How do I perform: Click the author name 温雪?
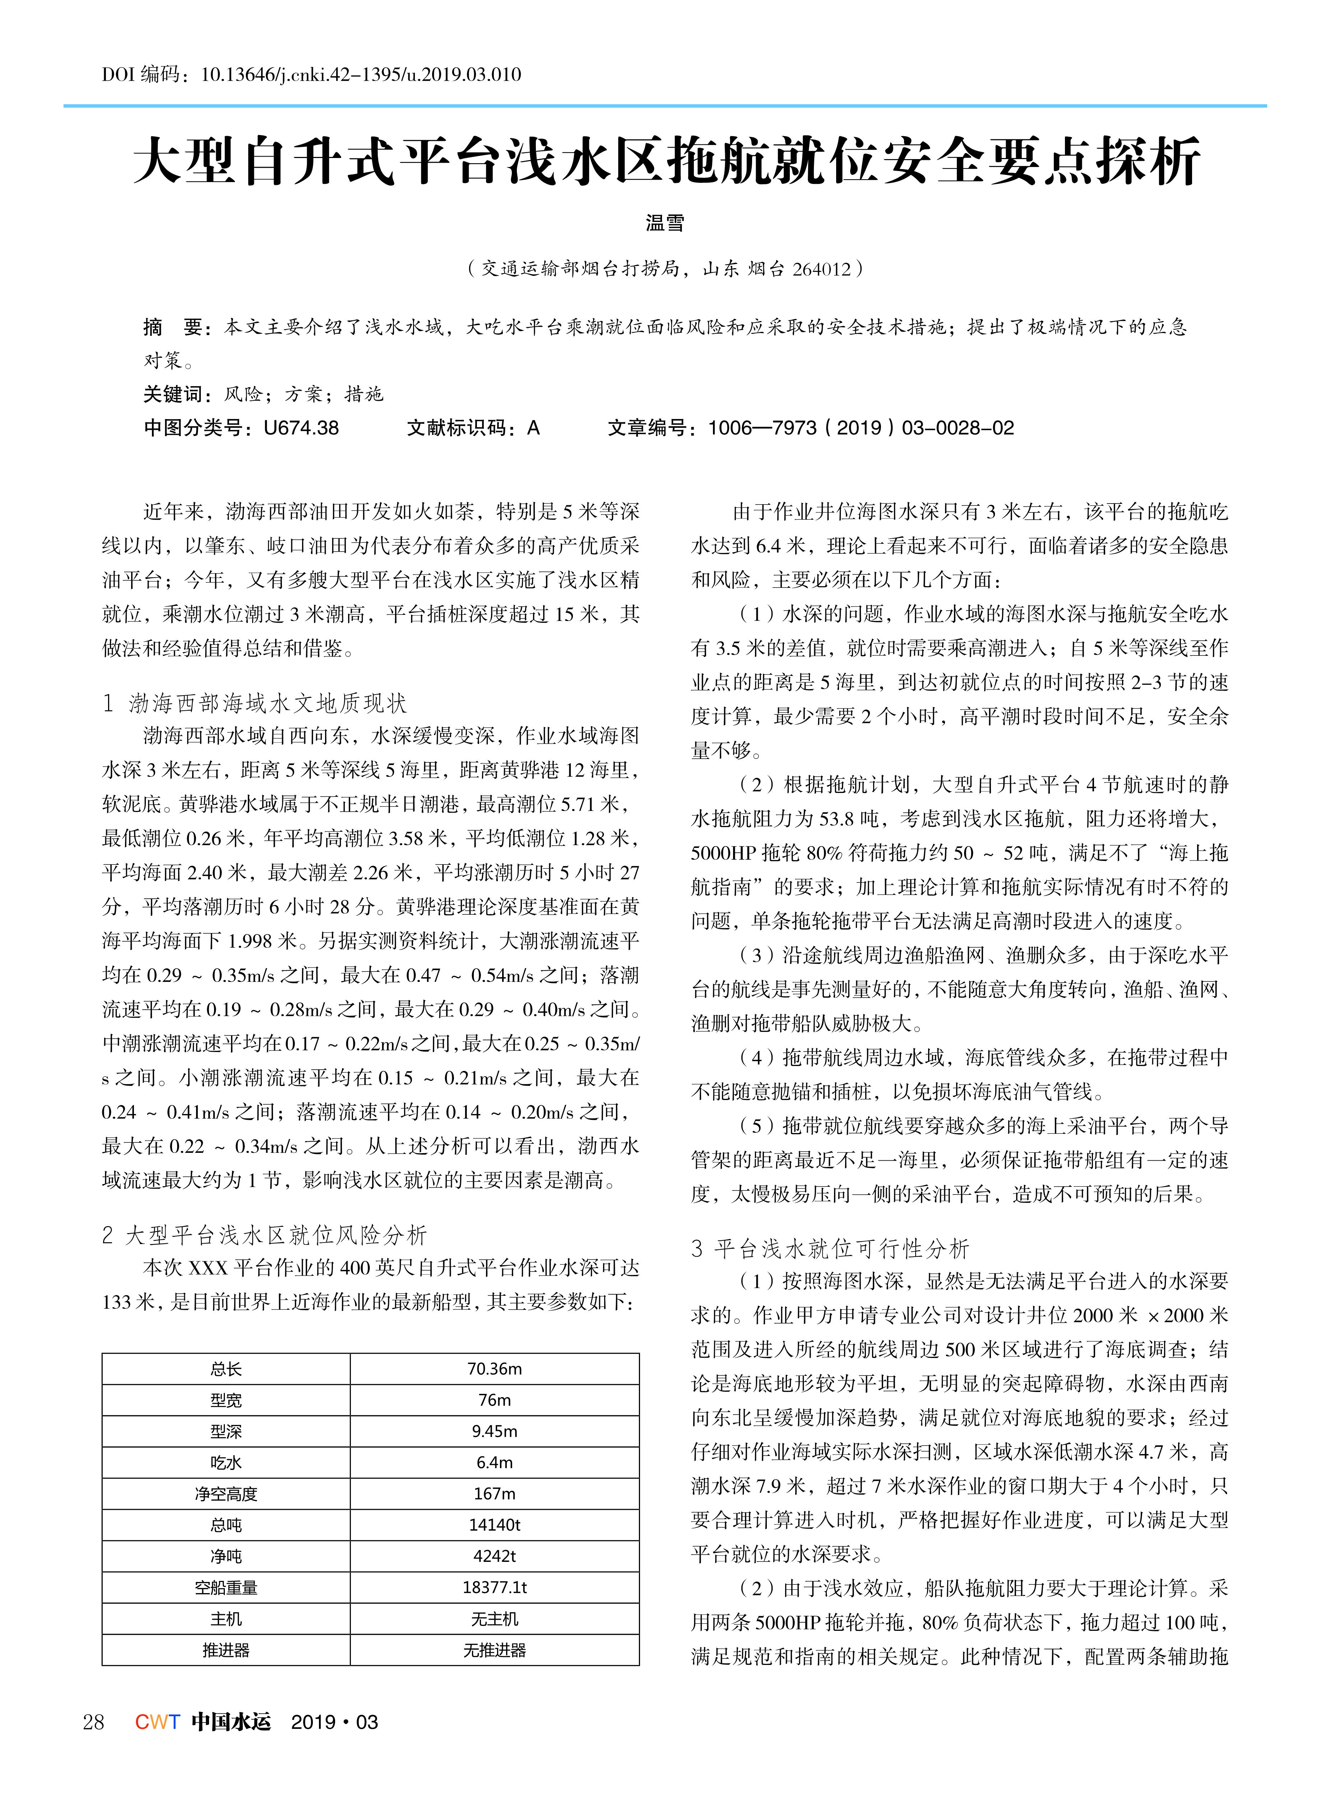coord(665,223)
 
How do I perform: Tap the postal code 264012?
coord(821,269)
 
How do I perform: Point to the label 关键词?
coord(173,394)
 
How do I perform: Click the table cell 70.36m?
coord(494,1369)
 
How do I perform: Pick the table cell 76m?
coord(494,1400)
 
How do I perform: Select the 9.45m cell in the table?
coord(494,1432)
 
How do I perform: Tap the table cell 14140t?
coord(494,1525)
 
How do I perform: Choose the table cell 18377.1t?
coord(494,1588)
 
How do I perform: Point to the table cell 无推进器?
coord(494,1651)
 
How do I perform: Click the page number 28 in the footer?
coord(93,1722)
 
